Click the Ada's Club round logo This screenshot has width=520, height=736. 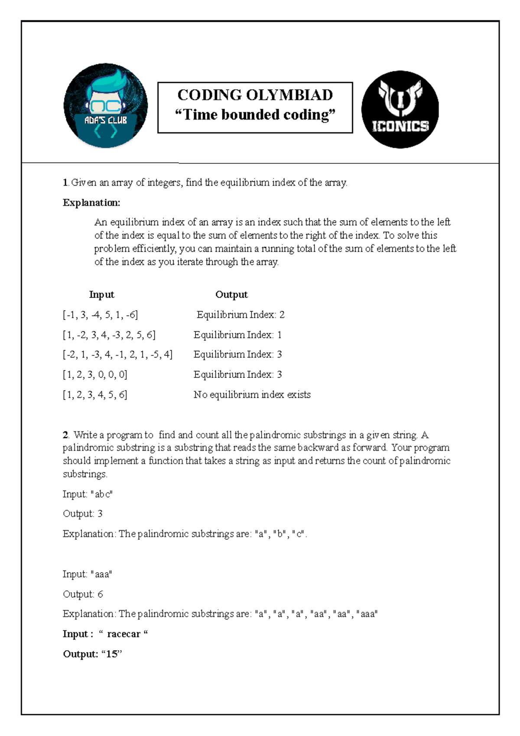106,106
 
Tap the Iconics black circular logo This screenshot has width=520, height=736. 400,109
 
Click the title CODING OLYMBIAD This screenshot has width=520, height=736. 255,95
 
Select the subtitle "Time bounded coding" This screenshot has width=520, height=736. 255,115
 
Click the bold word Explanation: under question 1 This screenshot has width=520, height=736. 91,202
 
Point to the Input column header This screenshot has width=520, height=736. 101,295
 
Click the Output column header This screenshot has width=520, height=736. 231,295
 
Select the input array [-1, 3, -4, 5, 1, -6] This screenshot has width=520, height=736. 101,315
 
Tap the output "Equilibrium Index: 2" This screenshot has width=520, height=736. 240,315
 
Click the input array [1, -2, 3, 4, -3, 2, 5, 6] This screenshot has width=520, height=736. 109,335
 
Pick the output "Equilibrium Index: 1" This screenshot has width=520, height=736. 237,335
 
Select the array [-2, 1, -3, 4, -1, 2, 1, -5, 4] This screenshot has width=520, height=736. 118,355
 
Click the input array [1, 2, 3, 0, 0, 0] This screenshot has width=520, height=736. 95,375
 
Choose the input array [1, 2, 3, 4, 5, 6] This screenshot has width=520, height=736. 95,395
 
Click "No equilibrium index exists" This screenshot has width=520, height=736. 252,395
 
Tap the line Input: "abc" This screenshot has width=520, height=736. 88,494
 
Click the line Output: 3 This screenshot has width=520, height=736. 82,514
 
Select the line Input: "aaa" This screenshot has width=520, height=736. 88,574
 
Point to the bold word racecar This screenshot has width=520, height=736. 123,634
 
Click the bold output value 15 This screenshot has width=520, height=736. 112,654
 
